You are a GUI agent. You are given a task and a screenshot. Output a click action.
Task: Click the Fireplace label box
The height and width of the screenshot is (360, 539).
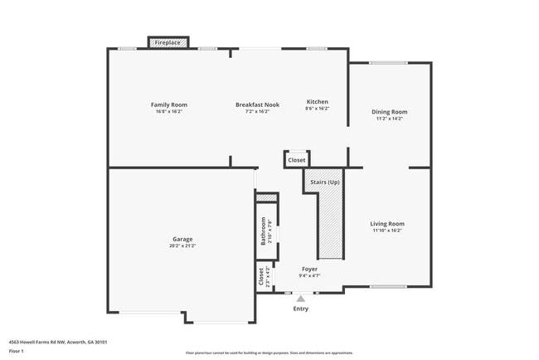168,42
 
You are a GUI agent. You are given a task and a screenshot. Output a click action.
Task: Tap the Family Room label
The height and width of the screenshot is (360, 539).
168,105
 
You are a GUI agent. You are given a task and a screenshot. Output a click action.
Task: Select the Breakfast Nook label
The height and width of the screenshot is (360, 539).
257,105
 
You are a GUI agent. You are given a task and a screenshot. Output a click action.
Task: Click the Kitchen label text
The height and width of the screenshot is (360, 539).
318,101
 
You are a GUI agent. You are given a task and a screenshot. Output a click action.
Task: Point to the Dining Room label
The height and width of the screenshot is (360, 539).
389,112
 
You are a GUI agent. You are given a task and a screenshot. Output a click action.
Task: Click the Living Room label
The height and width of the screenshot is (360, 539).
387,223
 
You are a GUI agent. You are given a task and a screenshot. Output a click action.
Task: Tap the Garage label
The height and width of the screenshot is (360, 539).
182,239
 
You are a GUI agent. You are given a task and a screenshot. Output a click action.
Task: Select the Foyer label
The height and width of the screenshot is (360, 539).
309,269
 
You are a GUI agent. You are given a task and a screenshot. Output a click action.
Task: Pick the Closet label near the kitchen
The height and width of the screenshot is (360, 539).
297,159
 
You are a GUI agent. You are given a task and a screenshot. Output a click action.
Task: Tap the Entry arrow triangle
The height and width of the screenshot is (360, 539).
301,299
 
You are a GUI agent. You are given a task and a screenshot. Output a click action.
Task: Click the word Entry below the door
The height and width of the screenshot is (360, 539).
301,309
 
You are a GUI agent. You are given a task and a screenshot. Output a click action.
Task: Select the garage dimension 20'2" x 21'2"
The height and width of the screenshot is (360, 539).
182,246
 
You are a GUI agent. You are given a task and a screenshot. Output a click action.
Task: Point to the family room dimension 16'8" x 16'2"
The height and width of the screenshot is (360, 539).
168,112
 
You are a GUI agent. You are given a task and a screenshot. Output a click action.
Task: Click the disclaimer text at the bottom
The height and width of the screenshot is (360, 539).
269,353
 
